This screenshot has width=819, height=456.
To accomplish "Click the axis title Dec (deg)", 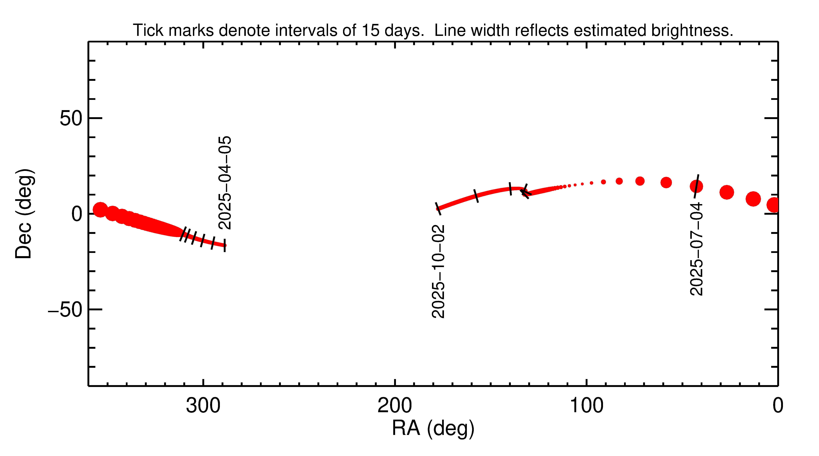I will (24, 214).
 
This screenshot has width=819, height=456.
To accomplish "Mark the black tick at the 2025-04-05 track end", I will (225, 245).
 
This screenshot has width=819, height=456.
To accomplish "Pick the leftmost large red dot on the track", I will (100, 210).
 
